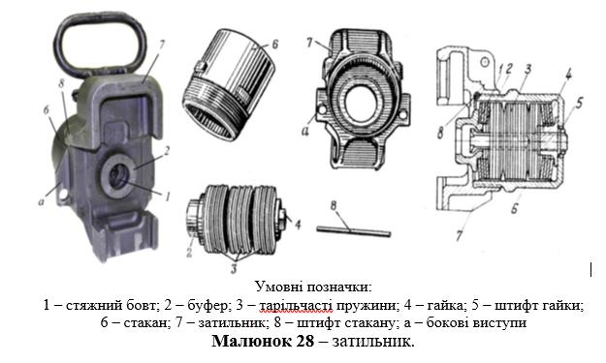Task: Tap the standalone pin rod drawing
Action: click(354, 230)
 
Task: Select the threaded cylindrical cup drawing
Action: click(230, 84)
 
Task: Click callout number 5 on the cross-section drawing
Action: click(579, 104)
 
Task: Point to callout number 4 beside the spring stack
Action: click(298, 225)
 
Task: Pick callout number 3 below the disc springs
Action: click(234, 269)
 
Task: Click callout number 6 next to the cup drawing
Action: click(274, 44)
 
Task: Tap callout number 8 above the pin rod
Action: click(334, 205)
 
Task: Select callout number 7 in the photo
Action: click(161, 45)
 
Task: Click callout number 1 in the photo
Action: click(167, 197)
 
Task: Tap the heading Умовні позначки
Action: click(313, 287)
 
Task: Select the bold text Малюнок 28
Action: click(263, 341)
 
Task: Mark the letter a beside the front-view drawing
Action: click(305, 131)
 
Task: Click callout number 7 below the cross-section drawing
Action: click(459, 235)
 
